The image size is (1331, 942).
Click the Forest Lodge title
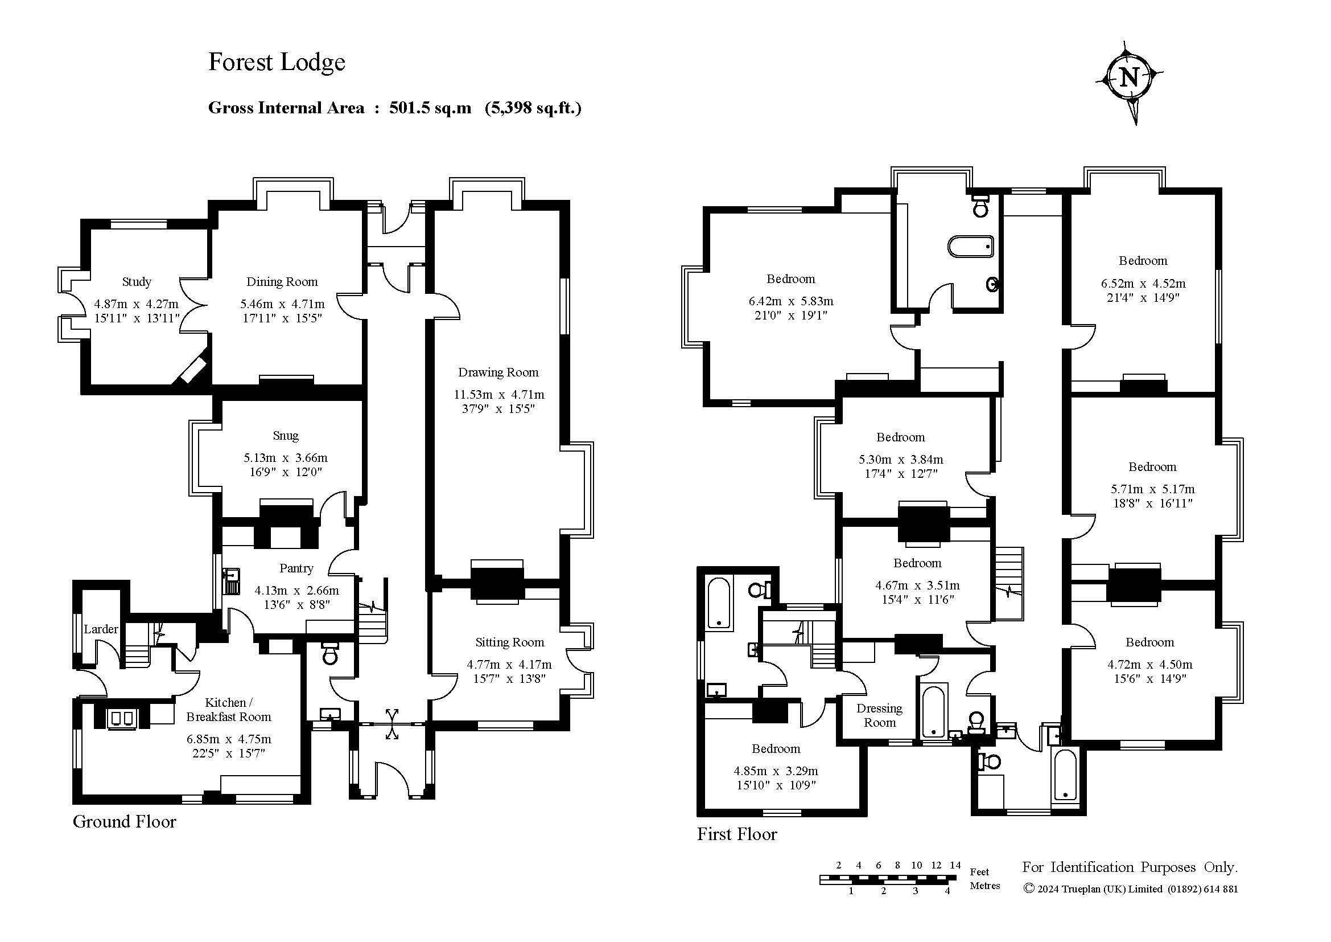pos(277,63)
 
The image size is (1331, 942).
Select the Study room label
pos(137,282)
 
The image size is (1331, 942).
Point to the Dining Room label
pos(282,282)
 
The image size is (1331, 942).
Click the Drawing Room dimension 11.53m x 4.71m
pos(498,395)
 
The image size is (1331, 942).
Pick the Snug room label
pos(286,436)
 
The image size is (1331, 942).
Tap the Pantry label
pos(296,568)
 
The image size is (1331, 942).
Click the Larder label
pos(101,629)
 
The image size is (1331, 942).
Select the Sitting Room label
pos(509,642)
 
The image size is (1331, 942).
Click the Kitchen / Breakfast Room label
pos(228,710)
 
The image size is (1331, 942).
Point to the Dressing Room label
pos(879,715)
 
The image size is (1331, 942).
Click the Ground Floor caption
pos(124,822)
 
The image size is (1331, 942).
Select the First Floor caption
pos(737,835)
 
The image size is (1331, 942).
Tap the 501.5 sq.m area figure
pos(430,108)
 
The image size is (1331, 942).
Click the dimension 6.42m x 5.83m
pos(791,302)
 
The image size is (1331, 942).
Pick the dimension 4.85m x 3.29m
pos(776,772)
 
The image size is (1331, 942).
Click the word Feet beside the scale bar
pos(979,872)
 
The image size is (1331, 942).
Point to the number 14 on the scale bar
pos(955,866)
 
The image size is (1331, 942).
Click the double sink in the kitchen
pos(122,719)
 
